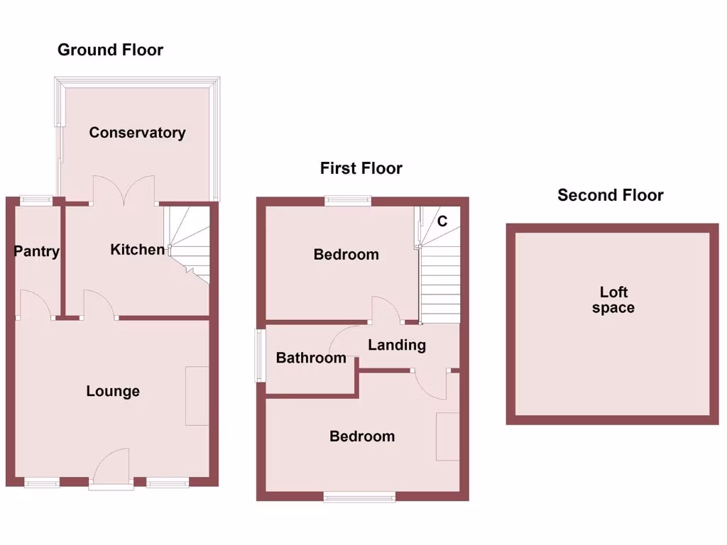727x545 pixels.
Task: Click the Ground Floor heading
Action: pyautogui.click(x=110, y=50)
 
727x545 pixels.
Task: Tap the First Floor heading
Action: pyautogui.click(x=361, y=168)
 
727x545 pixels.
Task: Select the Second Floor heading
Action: pyautogui.click(x=610, y=195)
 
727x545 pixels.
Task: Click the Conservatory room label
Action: pyautogui.click(x=137, y=133)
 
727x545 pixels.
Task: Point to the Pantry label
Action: pyautogui.click(x=36, y=251)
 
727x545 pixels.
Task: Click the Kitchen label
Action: pyautogui.click(x=138, y=249)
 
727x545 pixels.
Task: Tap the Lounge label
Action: pyautogui.click(x=113, y=391)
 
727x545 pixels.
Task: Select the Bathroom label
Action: pyautogui.click(x=311, y=358)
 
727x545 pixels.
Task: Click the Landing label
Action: pyautogui.click(x=397, y=345)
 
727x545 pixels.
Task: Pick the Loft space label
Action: pyautogui.click(x=613, y=300)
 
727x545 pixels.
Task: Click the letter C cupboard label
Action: pyautogui.click(x=442, y=221)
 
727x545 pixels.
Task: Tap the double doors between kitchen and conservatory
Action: pyautogui.click(x=124, y=191)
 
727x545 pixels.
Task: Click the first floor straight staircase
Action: pyautogui.click(x=441, y=284)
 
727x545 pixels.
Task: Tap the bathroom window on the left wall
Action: pyautogui.click(x=261, y=355)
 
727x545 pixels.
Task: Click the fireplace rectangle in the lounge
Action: pyautogui.click(x=197, y=396)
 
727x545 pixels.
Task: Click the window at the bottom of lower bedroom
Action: pyautogui.click(x=359, y=497)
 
